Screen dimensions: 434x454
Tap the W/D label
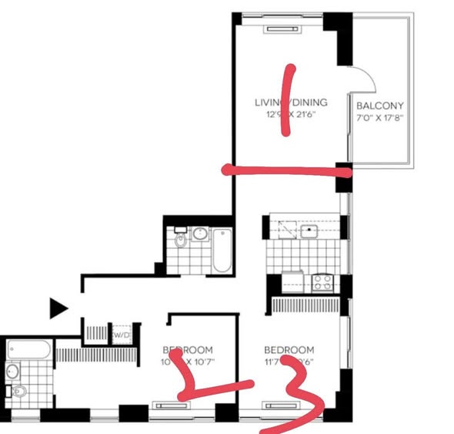(122, 335)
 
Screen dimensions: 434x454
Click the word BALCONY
(380, 106)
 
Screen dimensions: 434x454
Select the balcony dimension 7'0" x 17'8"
(380, 118)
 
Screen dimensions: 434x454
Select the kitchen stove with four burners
(322, 282)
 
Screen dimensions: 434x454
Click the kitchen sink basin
(310, 230)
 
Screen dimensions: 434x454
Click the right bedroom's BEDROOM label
(289, 349)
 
